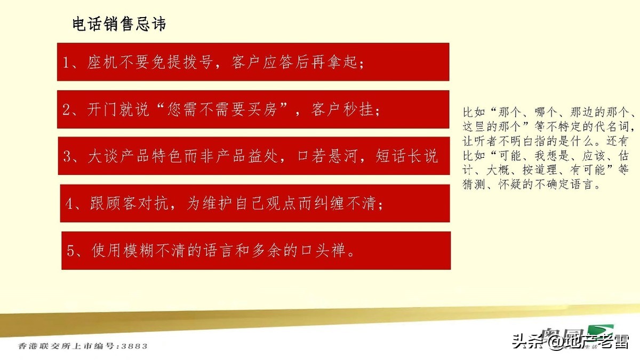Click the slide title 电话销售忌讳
119,24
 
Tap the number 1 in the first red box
67,63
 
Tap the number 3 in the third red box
67,156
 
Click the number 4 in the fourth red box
69,204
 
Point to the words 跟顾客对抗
124,204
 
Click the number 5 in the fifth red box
70,251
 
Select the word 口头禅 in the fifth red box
329,251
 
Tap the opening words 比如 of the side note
470,113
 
